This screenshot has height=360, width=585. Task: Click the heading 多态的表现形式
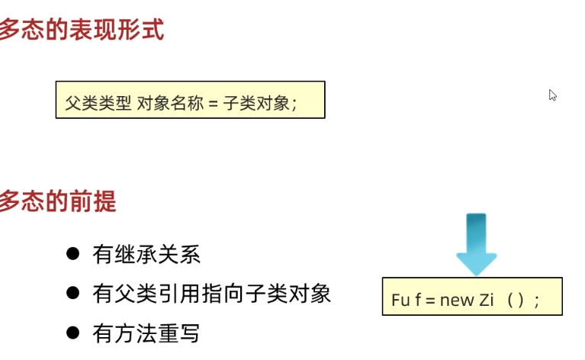click(x=80, y=31)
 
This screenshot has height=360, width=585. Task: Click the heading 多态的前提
click(x=57, y=202)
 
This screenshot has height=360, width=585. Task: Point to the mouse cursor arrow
click(x=552, y=95)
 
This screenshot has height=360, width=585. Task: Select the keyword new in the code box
click(x=457, y=299)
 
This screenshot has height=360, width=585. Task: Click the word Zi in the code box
click(x=488, y=299)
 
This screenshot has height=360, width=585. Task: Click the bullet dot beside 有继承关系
click(x=73, y=254)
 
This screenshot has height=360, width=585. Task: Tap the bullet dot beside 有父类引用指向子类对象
click(x=73, y=293)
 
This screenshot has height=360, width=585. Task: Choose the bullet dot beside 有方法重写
click(x=73, y=333)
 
